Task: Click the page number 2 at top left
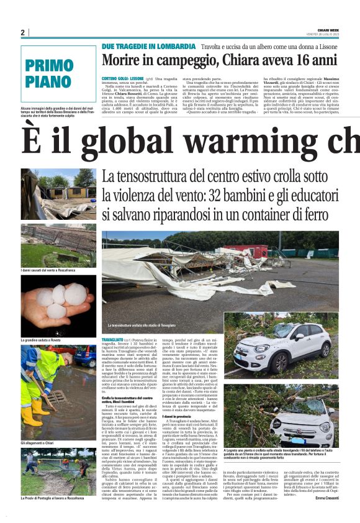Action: point(22,32)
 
